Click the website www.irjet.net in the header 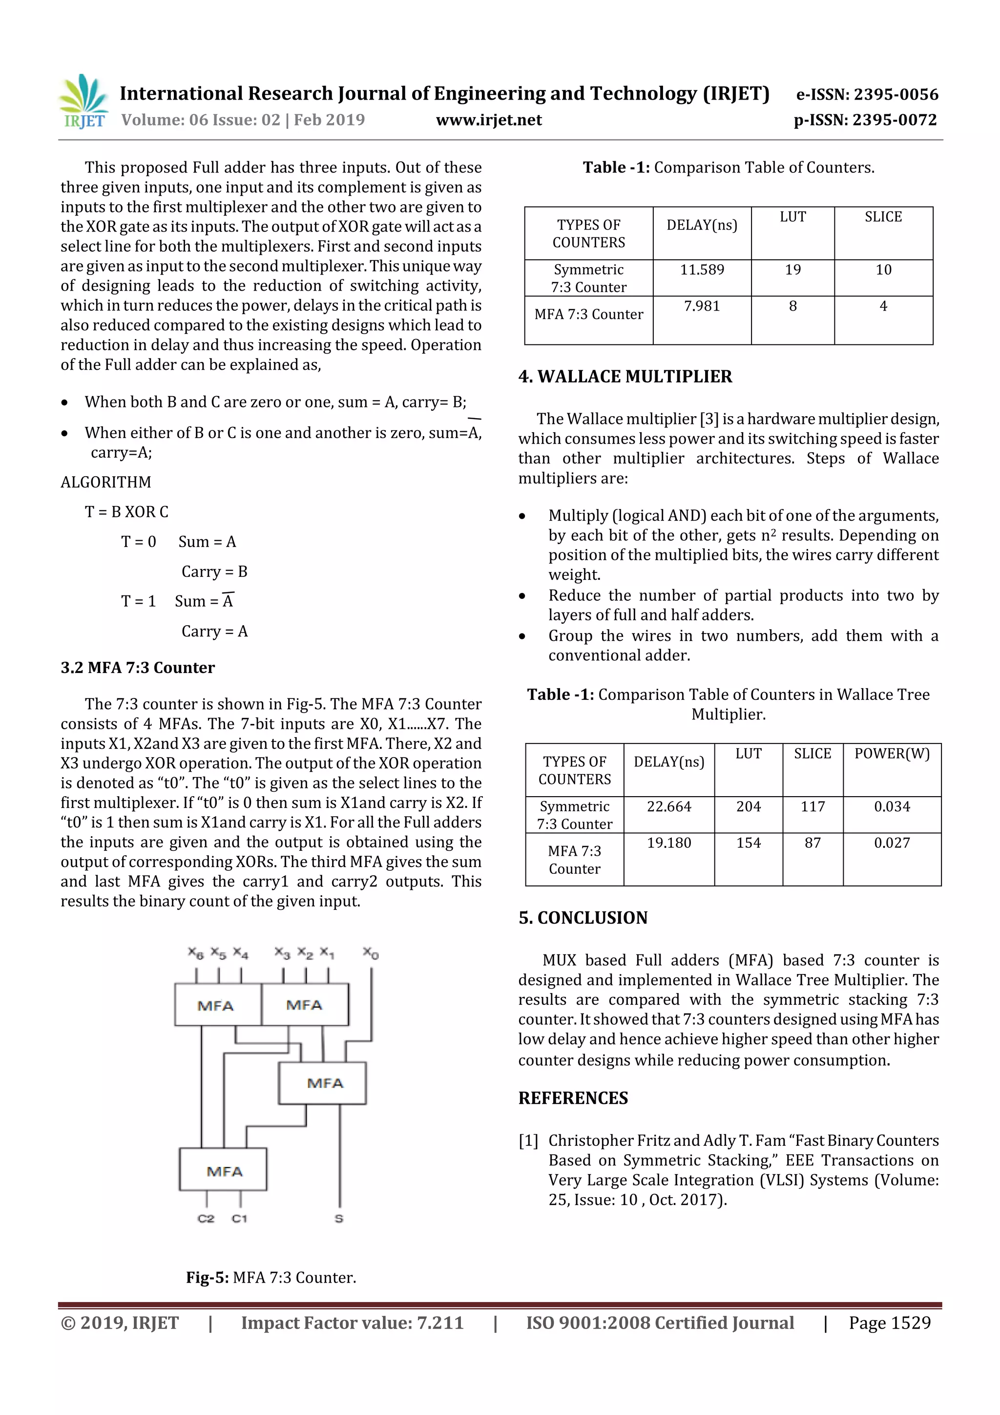[489, 120]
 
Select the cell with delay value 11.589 [702, 270]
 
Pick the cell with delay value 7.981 [702, 306]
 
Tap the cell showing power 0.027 [892, 843]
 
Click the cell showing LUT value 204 [748, 807]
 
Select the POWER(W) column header [892, 754]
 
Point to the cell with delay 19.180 [668, 843]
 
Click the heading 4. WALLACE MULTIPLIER [625, 377]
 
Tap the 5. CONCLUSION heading [583, 918]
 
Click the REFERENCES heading [573, 1098]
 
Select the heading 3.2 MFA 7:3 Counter [137, 668]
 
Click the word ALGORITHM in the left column [105, 483]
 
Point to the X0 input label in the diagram [370, 953]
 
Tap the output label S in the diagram [339, 1218]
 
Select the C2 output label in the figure [206, 1218]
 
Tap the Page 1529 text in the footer [889, 1323]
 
